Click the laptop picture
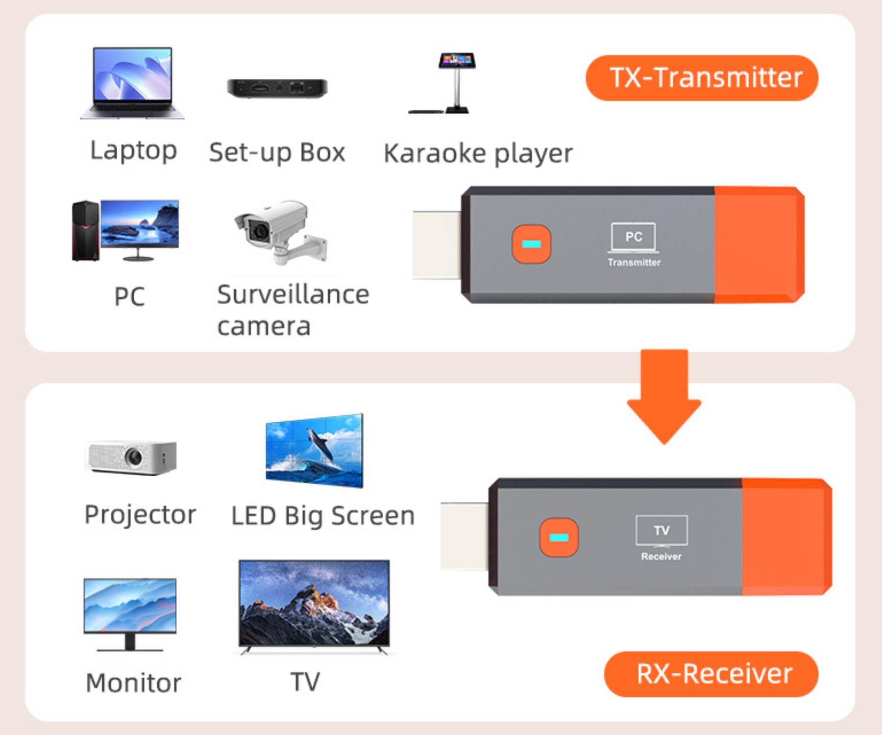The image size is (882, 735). [132, 83]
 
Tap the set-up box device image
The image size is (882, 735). [277, 88]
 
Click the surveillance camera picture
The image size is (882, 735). [281, 232]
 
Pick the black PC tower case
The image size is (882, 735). [86, 230]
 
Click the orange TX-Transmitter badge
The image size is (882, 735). [702, 78]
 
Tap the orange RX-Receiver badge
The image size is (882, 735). [711, 674]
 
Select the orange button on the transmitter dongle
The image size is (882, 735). [531, 244]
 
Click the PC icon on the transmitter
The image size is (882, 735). [634, 238]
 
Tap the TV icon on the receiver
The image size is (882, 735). [661, 531]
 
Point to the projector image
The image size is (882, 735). [131, 457]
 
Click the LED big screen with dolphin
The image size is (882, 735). [314, 451]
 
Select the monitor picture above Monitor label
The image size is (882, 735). [130, 614]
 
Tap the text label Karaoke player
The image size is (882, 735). [478, 153]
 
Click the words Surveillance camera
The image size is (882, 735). [293, 310]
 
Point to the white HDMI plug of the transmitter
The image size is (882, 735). [437, 245]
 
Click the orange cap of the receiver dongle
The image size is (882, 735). [787, 537]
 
